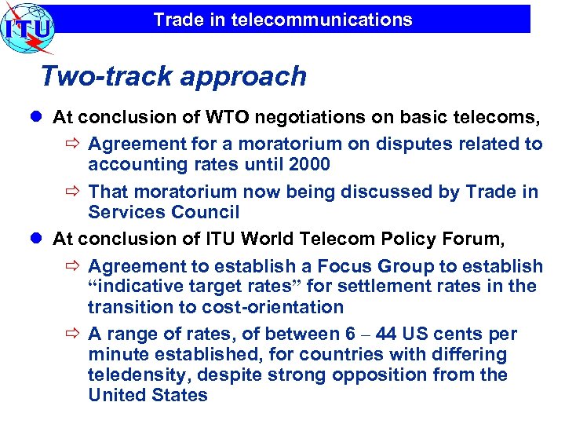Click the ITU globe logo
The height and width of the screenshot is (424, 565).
coord(27,28)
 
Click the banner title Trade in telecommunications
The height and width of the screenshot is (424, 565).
coord(282,20)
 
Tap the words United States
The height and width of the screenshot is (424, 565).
coord(148,396)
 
